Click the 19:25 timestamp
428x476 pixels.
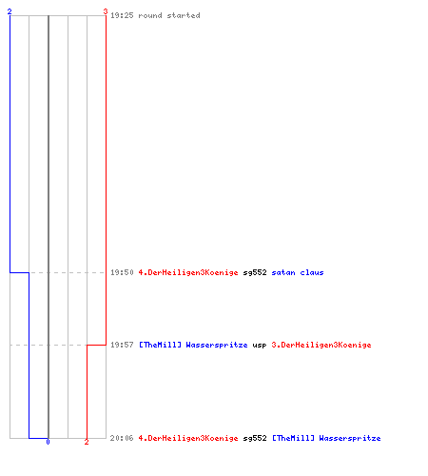click(x=122, y=15)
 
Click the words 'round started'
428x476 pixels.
click(x=169, y=15)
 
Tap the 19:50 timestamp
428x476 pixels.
click(x=122, y=272)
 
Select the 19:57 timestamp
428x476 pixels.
click(x=122, y=345)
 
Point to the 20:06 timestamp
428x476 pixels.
click(x=122, y=438)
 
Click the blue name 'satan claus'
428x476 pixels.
click(x=298, y=272)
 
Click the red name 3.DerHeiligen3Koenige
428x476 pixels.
click(x=321, y=345)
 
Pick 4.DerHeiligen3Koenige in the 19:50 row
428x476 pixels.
click(x=188, y=272)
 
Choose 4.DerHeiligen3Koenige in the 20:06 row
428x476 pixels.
click(x=188, y=438)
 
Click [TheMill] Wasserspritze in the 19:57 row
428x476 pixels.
click(x=193, y=345)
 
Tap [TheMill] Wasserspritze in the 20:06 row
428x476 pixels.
click(x=326, y=438)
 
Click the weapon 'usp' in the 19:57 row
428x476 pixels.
click(x=260, y=346)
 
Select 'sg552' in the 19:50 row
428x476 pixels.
click(x=255, y=273)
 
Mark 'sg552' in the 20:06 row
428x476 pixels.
click(x=255, y=439)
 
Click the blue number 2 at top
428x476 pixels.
click(x=10, y=11)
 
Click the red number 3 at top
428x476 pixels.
click(x=106, y=11)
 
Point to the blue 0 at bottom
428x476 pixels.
click(x=48, y=442)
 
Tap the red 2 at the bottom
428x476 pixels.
click(x=87, y=442)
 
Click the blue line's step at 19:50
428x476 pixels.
click(x=19, y=272)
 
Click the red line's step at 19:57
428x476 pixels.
click(x=96, y=345)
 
